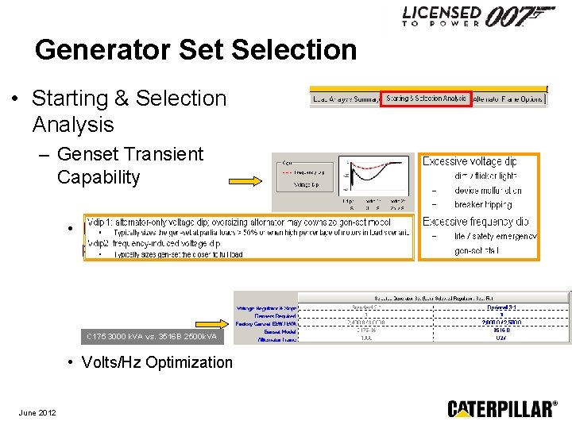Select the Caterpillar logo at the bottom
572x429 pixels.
click(502, 409)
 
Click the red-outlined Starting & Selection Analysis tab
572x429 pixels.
click(426, 99)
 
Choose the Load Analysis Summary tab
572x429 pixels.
click(344, 99)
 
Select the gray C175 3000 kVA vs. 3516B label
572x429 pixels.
click(150, 337)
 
